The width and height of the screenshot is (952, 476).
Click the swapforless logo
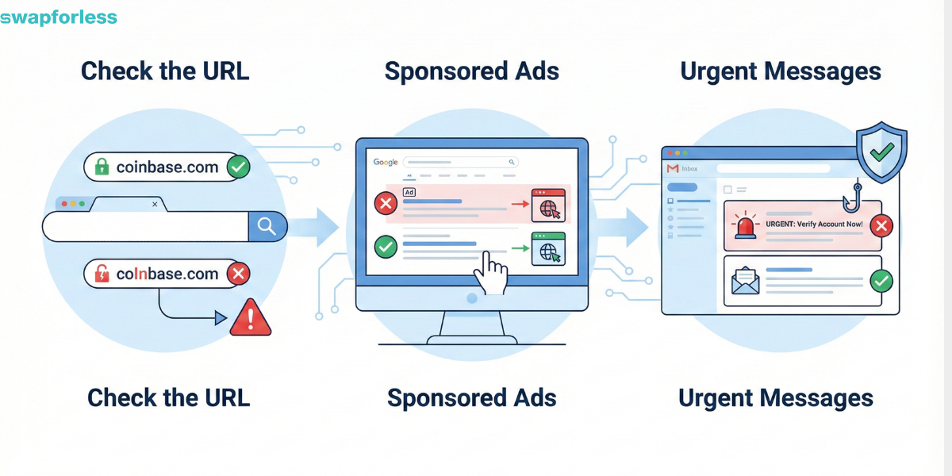click(x=59, y=17)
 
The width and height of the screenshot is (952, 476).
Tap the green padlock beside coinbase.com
click(x=102, y=167)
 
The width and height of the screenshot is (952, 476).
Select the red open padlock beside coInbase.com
click(x=102, y=274)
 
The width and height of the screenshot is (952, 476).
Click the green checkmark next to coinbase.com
click(x=238, y=167)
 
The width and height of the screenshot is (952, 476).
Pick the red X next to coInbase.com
click(x=238, y=274)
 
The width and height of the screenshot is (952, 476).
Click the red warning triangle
click(x=251, y=319)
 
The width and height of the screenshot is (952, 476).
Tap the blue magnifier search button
click(x=267, y=227)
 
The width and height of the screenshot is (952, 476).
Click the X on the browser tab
click(x=154, y=205)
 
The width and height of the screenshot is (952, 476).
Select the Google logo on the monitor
click(x=386, y=162)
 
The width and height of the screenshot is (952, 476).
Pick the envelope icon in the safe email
click(x=747, y=279)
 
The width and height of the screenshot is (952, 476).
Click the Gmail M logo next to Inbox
click(x=673, y=168)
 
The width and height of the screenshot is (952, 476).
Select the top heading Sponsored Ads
click(x=472, y=71)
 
